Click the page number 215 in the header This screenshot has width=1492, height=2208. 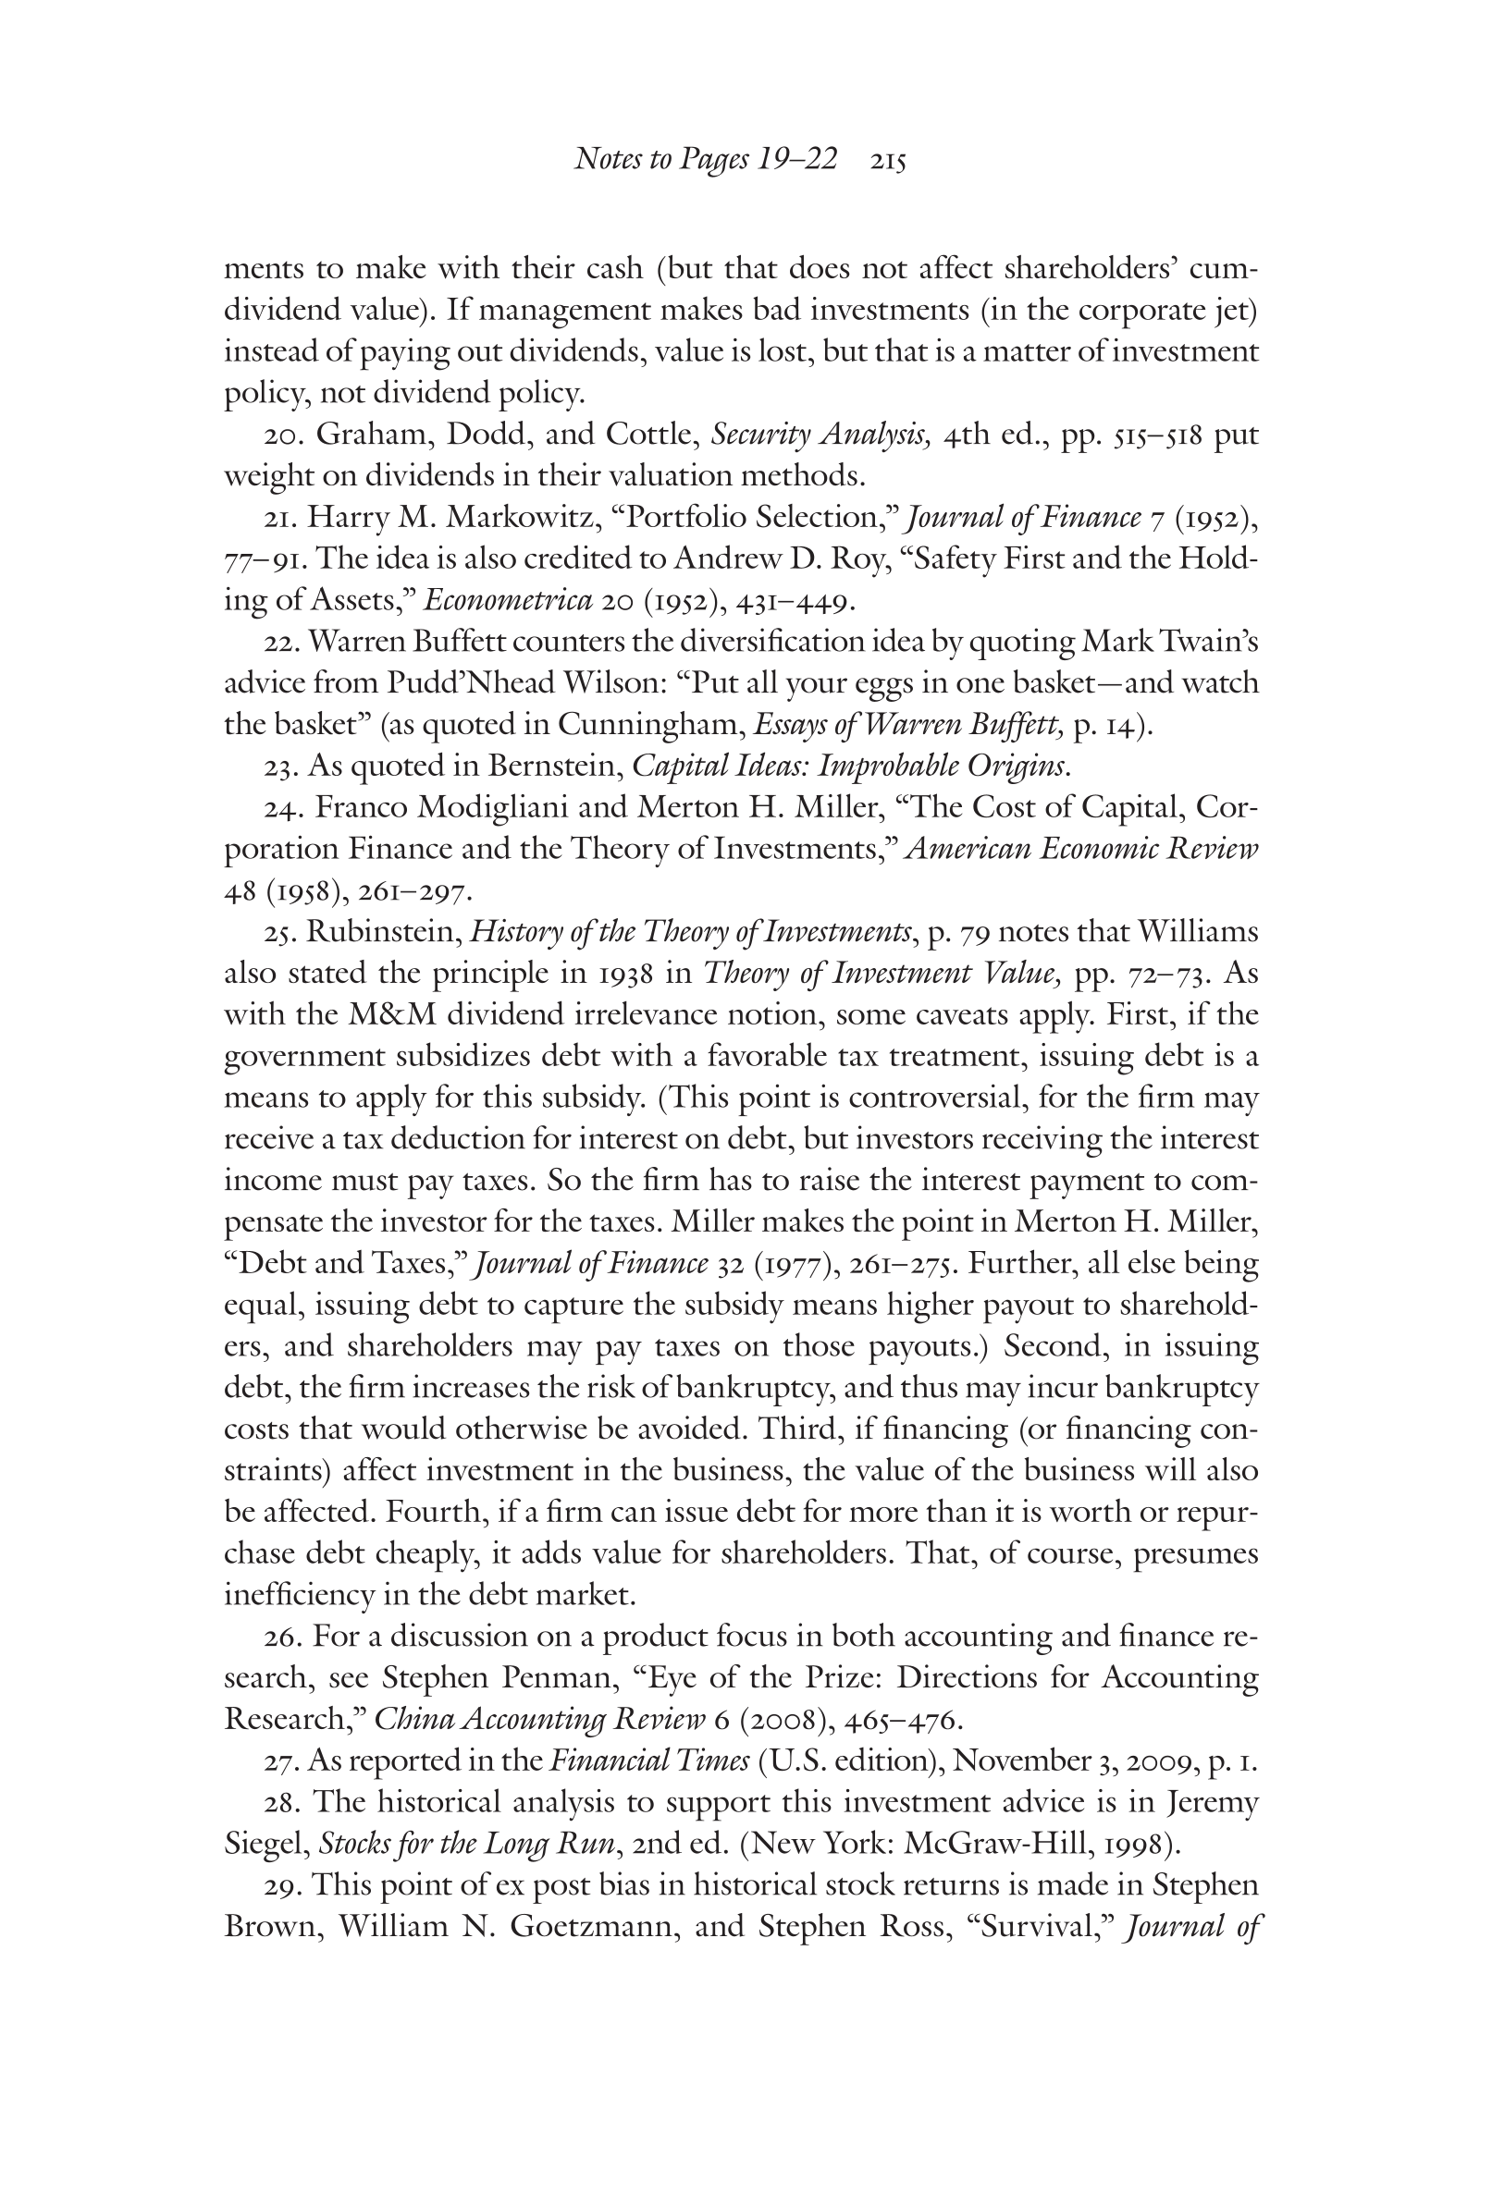point(887,162)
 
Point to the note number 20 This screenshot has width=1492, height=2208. point(281,435)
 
